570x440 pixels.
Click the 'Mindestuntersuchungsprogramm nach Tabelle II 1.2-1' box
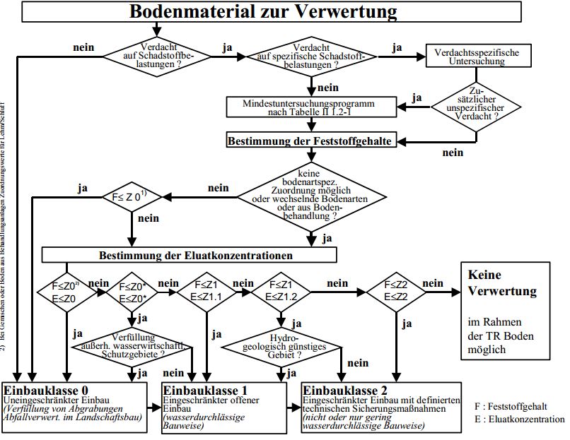(310, 107)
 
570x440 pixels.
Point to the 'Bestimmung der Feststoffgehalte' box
(310, 141)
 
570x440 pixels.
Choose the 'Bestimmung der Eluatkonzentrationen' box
(189, 254)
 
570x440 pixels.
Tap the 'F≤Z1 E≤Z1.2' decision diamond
(279, 290)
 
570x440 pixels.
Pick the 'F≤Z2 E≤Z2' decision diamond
(395, 290)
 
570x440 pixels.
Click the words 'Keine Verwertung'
(502, 282)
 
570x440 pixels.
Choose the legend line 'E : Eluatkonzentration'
(520, 419)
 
